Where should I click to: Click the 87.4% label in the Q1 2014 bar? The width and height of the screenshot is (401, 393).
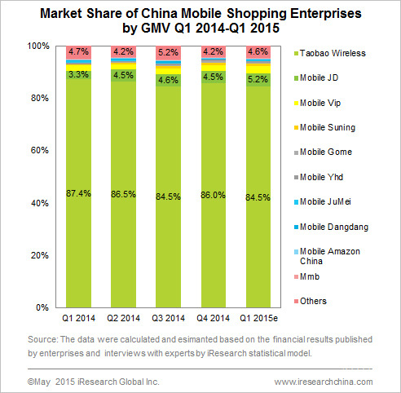tap(78, 193)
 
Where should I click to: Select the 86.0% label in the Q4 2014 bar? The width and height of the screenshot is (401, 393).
tap(214, 195)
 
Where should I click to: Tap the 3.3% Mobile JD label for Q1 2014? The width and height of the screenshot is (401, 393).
tap(78, 74)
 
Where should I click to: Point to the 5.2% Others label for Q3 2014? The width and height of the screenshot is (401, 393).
tap(168, 52)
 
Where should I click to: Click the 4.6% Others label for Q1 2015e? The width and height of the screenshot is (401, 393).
tap(258, 51)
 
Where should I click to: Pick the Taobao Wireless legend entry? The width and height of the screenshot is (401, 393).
tap(330, 53)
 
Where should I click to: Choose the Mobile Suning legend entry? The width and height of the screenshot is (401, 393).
tap(324, 127)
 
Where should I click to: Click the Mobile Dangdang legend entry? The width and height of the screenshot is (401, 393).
tap(331, 227)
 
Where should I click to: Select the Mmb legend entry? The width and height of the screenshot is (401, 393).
tap(306, 276)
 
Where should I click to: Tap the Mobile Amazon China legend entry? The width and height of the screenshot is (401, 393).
tap(327, 256)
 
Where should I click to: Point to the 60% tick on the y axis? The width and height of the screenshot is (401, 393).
tap(40, 150)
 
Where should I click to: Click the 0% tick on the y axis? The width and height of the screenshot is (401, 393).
tap(42, 307)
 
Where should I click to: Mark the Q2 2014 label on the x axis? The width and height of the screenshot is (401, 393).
tap(123, 318)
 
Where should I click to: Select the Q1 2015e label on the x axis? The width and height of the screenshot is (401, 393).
tap(258, 318)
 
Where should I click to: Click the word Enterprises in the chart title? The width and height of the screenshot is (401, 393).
tap(326, 13)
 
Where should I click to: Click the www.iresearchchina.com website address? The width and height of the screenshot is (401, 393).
tap(324, 382)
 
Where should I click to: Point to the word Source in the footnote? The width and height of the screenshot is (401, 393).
tap(42, 339)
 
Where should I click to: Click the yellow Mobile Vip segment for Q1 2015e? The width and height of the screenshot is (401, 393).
tap(258, 69)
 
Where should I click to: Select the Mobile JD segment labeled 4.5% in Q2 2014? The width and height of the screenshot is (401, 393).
tap(123, 75)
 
